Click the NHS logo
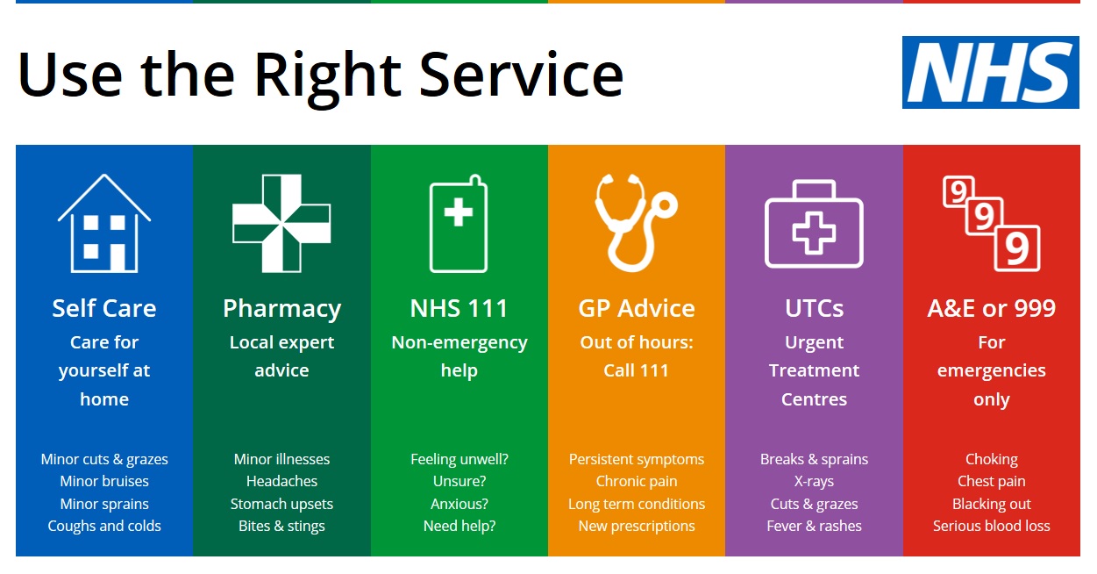(x=990, y=72)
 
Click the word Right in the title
(x=328, y=77)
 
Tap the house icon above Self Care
(x=104, y=224)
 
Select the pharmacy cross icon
(x=281, y=224)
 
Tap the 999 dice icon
(x=992, y=224)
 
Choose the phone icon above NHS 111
(x=459, y=224)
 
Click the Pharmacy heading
(x=281, y=309)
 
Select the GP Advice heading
(x=636, y=308)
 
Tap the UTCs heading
(x=814, y=308)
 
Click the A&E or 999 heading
(x=991, y=308)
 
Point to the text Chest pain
(x=991, y=482)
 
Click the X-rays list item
(x=814, y=482)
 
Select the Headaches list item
(x=281, y=481)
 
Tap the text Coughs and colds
(x=104, y=527)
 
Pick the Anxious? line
(x=459, y=504)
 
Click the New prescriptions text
(x=636, y=527)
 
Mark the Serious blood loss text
(x=991, y=526)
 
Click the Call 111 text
(x=636, y=370)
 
